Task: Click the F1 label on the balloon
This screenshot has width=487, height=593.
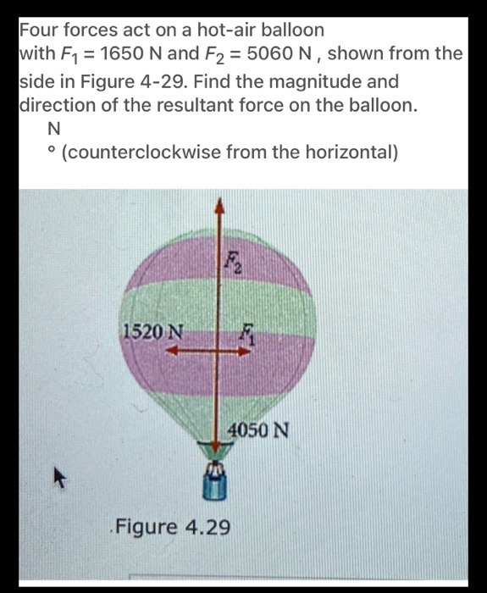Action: tap(246, 334)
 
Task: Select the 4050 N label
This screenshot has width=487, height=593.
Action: tap(262, 430)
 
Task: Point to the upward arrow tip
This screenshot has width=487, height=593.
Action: tap(220, 204)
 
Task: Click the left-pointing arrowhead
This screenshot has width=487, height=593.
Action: tap(169, 357)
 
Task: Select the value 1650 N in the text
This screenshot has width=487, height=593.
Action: tap(125, 54)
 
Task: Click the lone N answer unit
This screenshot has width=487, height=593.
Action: tap(55, 130)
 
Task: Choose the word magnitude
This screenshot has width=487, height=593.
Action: tap(322, 84)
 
